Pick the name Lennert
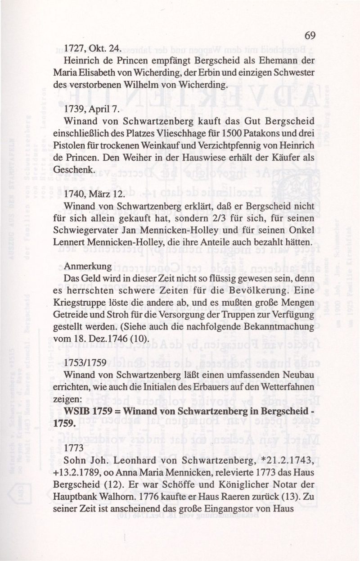79,242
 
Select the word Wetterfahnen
284,387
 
